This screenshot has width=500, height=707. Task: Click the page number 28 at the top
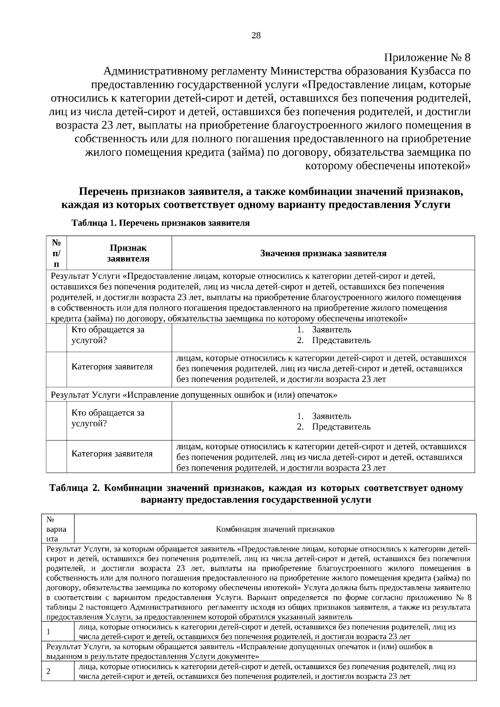256,36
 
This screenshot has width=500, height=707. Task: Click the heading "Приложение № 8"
427,57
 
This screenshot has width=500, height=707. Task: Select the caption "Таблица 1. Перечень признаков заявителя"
160,223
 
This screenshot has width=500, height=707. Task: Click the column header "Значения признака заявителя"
323,253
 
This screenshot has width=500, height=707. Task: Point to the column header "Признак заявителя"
128,253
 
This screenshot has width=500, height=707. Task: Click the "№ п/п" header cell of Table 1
56,253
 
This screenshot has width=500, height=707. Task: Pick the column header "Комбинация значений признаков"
275,529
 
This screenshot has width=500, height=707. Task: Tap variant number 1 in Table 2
48,632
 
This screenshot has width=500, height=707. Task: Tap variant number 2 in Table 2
48,671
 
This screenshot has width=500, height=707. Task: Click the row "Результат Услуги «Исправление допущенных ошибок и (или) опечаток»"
194,395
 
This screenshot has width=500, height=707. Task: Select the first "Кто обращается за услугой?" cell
108,335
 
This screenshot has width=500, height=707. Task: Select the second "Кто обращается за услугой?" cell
108,418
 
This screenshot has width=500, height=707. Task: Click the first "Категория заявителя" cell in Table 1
112,367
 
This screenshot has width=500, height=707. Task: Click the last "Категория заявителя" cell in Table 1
112,453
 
